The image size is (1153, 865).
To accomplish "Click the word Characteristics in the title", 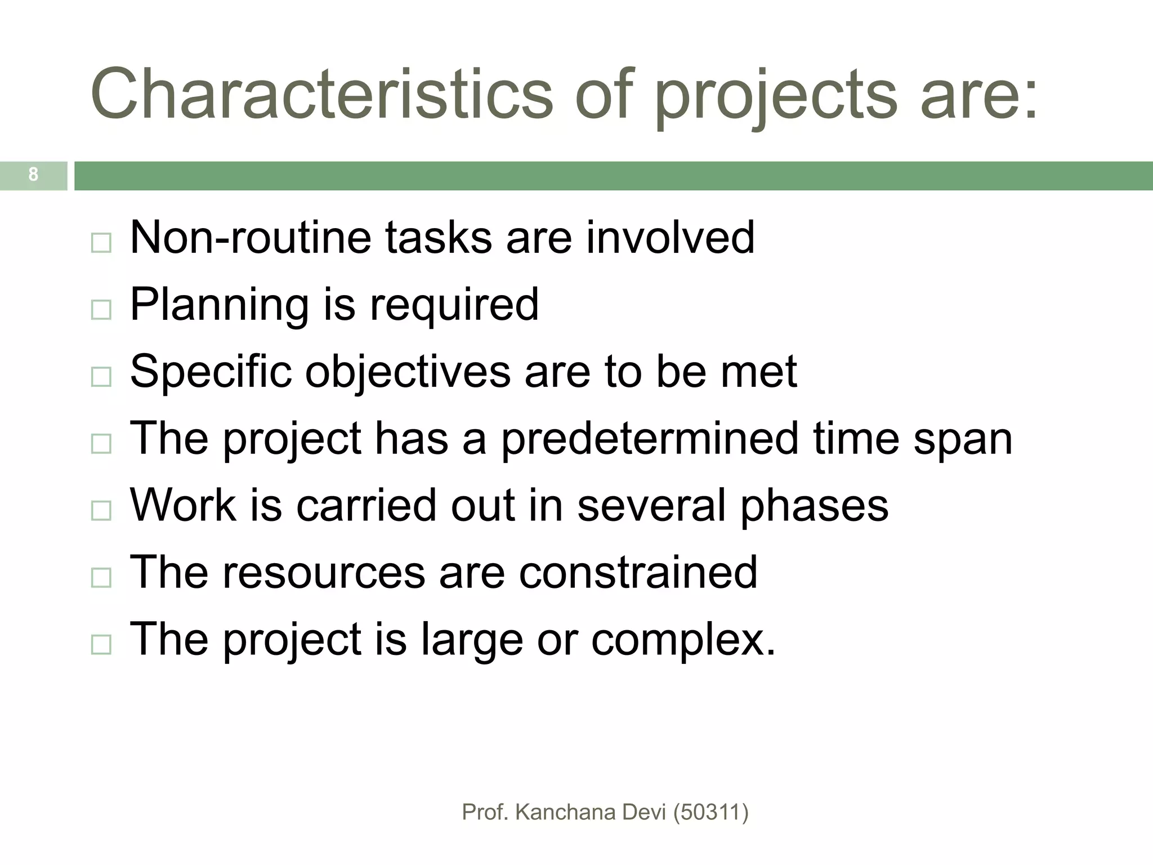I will point(321,95).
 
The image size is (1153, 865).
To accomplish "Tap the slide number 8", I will point(33,175).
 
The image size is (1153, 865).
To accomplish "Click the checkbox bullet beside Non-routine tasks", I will point(101,243).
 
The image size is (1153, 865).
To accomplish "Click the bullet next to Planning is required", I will point(101,310).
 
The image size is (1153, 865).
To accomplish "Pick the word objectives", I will point(408,372).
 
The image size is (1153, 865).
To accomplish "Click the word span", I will point(963,440).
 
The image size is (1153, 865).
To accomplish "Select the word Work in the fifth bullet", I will point(183,505).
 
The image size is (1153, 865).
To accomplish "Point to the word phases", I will point(814,506).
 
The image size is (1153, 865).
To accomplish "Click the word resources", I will point(324,572).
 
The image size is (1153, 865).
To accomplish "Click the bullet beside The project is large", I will point(101,644).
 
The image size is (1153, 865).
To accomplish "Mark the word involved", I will point(670,238).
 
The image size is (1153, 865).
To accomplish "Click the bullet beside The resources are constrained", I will point(101,578).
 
